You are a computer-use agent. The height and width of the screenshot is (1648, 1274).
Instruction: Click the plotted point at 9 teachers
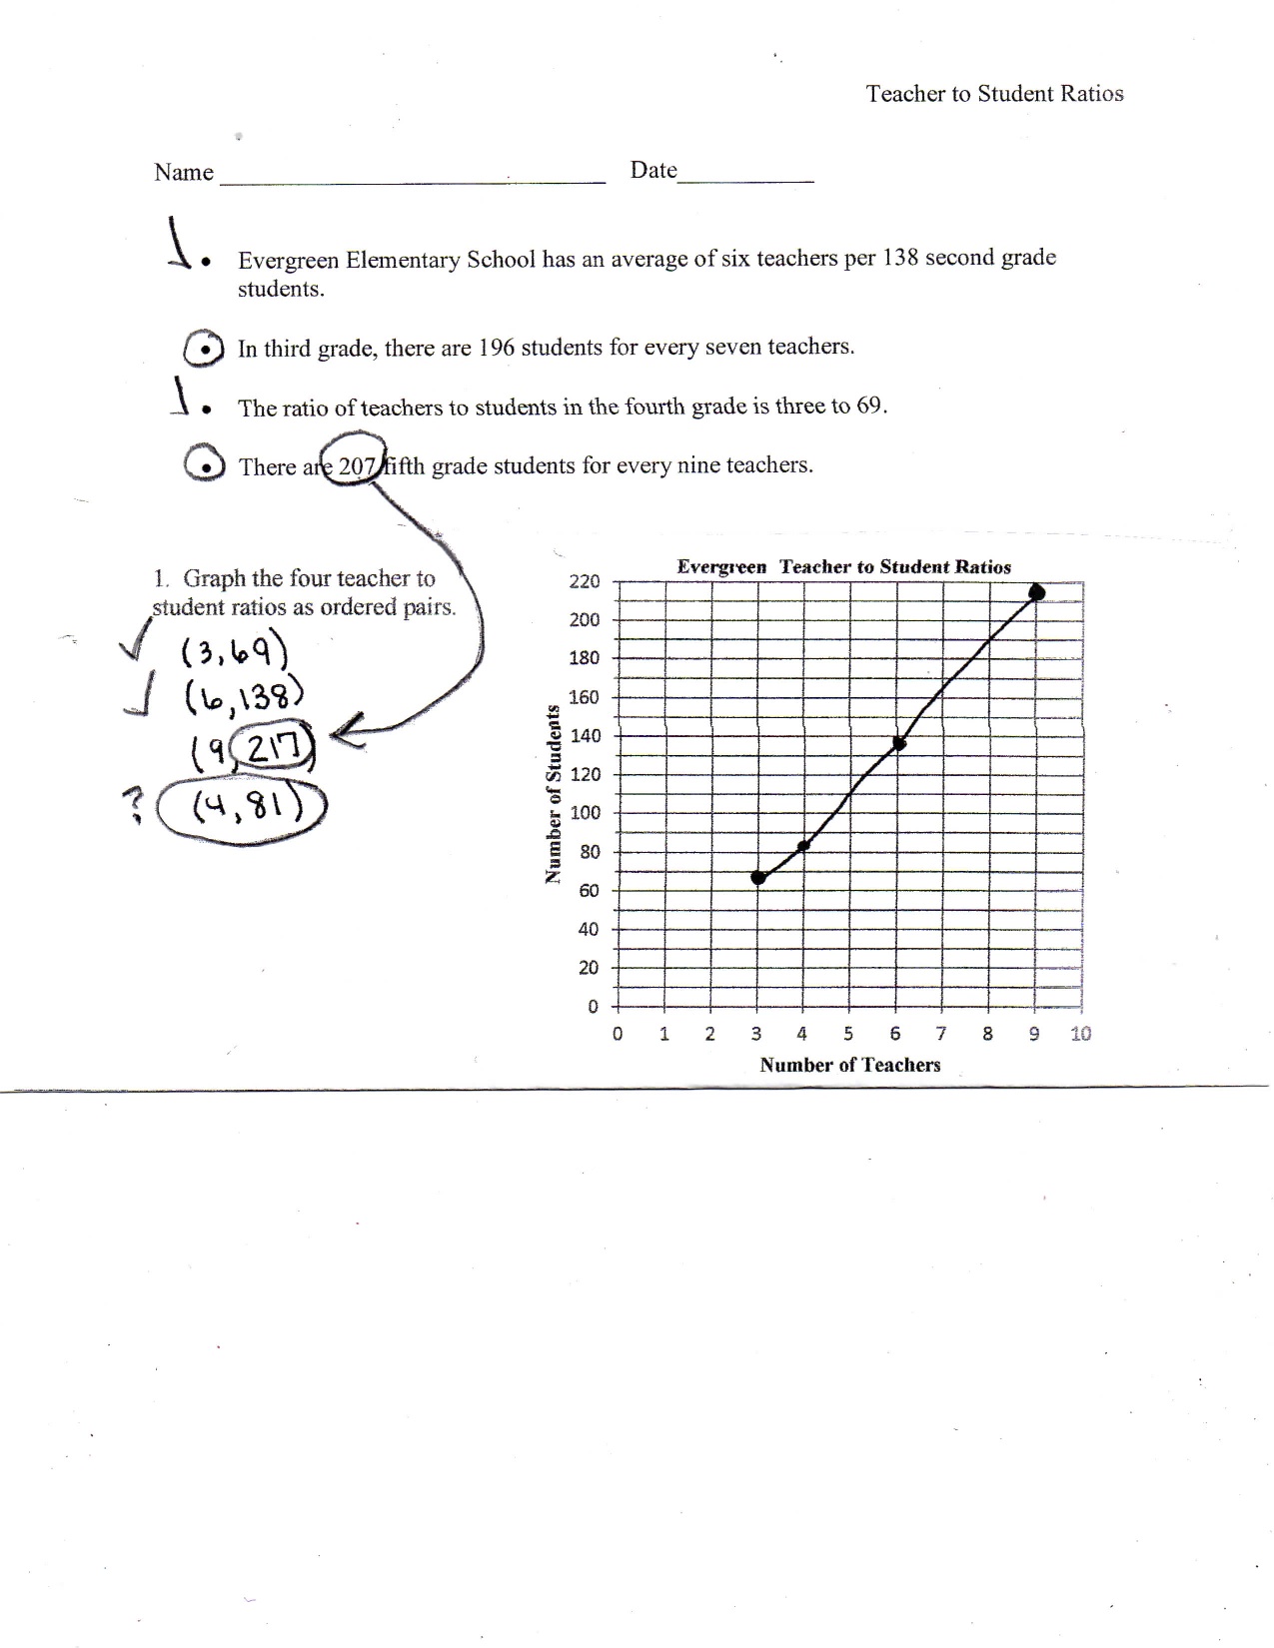1036,592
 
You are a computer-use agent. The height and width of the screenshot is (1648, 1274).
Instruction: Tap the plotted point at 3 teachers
758,877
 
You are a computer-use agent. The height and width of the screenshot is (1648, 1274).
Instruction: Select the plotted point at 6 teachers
898,743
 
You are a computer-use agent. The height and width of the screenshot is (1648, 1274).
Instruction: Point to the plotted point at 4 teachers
803,846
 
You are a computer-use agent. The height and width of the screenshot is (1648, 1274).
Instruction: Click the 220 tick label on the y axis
585,581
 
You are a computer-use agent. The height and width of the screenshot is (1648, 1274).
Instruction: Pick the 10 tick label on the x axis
1080,1034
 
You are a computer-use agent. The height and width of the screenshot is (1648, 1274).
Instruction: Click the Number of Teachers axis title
849,1065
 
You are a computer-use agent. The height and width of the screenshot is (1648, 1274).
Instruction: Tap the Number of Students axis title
551,794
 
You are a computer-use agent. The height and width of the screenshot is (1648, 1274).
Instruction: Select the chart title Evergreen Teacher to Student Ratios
843,566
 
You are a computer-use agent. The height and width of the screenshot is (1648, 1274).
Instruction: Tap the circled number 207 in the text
355,464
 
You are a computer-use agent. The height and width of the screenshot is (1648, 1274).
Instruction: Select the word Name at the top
184,172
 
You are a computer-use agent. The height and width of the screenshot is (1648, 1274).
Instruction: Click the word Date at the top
653,170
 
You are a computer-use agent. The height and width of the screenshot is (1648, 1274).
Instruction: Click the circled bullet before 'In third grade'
204,350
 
